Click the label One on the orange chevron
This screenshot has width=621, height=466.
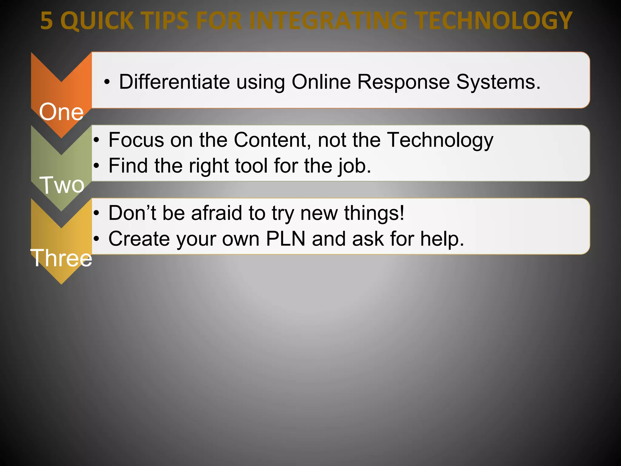coord(61,112)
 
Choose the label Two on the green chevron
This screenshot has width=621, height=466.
coord(62,185)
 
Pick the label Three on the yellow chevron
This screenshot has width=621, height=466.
coord(61,258)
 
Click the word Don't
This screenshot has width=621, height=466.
coord(132,213)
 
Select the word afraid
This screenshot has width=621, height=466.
coord(217,213)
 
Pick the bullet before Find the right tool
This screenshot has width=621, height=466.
coord(96,166)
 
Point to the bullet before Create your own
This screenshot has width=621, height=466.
coord(96,239)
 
